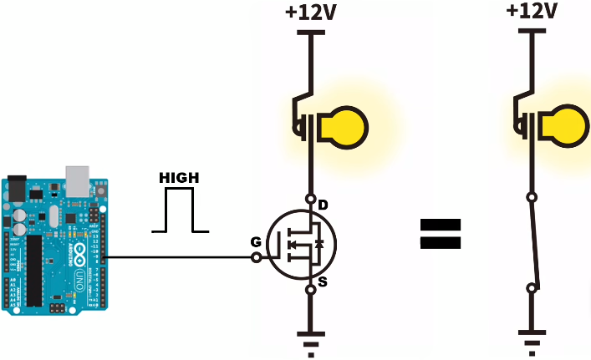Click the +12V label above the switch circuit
point(532,11)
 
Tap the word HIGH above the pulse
point(178,178)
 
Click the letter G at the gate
point(254,242)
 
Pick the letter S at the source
point(323,282)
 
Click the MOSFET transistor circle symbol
point(301,245)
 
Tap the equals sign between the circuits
point(440,234)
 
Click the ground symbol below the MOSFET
point(310,342)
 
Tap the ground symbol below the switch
point(531,342)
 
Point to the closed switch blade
point(535,243)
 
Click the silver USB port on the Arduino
point(77,177)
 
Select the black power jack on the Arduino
point(16,190)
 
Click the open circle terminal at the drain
point(310,199)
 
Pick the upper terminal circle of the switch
point(531,198)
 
